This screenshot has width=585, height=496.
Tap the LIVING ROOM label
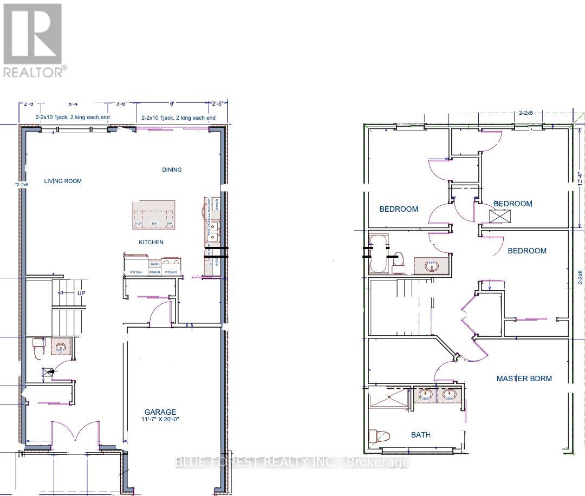(63, 181)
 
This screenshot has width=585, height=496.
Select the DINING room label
(172, 169)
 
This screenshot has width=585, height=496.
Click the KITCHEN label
(151, 242)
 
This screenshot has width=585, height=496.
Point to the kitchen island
(154, 214)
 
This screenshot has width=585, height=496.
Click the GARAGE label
(160, 412)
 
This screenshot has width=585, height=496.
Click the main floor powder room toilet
(37, 348)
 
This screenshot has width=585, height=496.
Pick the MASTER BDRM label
(524, 378)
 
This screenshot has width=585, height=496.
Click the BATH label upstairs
(421, 434)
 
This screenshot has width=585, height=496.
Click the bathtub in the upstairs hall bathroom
(378, 253)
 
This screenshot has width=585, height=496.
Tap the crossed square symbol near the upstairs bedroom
(497, 216)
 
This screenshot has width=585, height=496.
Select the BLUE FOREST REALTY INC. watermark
(292, 462)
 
